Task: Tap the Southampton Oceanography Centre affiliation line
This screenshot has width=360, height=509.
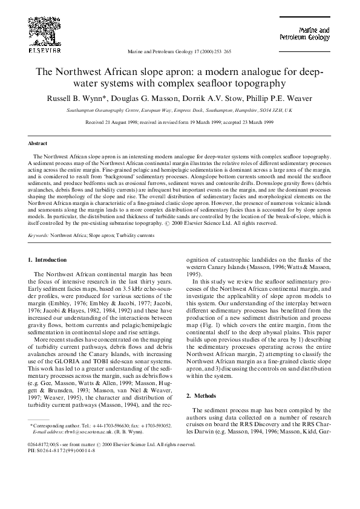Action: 180,111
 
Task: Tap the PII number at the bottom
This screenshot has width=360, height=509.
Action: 59,450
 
